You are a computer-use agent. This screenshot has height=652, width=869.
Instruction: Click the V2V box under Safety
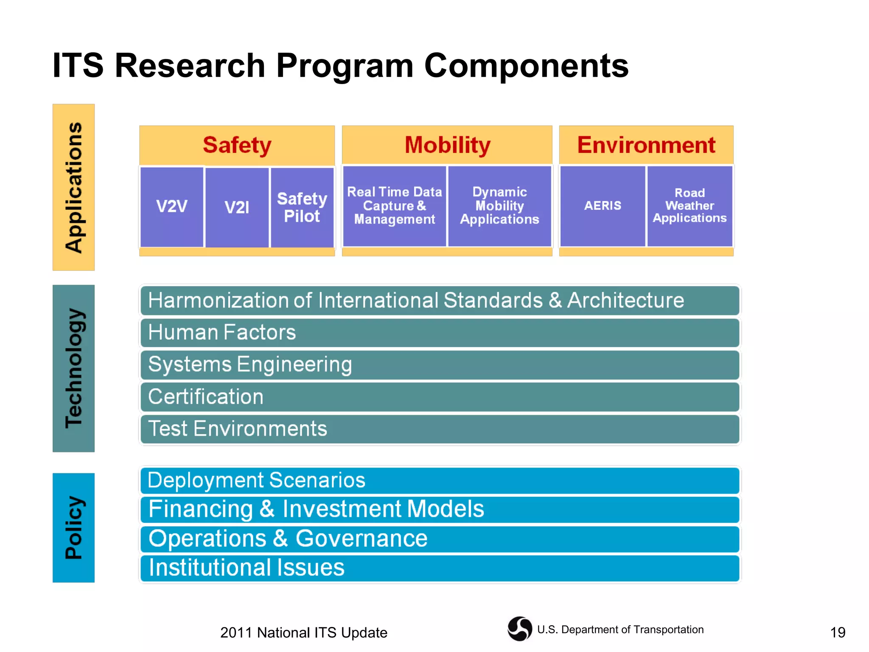(x=171, y=207)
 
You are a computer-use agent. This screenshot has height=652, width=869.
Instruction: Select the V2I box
(x=237, y=207)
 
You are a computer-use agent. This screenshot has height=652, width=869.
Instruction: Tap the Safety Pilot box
(x=302, y=207)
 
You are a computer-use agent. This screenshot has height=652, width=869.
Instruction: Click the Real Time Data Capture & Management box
(x=394, y=206)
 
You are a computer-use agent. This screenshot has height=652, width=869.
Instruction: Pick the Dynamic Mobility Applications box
(x=499, y=206)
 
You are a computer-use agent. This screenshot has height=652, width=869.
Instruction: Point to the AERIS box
(x=603, y=206)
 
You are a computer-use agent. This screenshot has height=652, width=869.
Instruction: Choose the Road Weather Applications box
(x=690, y=206)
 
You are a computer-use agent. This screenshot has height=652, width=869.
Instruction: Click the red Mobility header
(x=447, y=145)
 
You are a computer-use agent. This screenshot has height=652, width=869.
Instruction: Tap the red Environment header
(x=646, y=145)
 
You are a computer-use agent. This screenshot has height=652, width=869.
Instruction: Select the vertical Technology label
(x=74, y=368)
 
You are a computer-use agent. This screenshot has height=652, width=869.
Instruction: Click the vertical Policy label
(x=74, y=527)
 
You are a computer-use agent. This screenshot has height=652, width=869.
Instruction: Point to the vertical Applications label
(x=74, y=187)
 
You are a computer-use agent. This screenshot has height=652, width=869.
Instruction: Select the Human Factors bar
(x=440, y=332)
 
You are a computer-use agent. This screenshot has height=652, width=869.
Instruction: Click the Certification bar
(x=440, y=396)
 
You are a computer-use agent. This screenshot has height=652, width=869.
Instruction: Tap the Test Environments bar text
(x=238, y=429)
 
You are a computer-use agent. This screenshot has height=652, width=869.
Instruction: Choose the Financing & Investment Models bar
(x=440, y=509)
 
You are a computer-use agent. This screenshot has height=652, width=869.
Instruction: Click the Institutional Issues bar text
(x=247, y=568)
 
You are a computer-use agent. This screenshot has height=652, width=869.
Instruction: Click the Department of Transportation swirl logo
(x=519, y=629)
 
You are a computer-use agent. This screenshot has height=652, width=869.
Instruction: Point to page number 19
(x=837, y=632)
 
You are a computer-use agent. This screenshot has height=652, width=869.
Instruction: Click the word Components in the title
(x=526, y=66)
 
